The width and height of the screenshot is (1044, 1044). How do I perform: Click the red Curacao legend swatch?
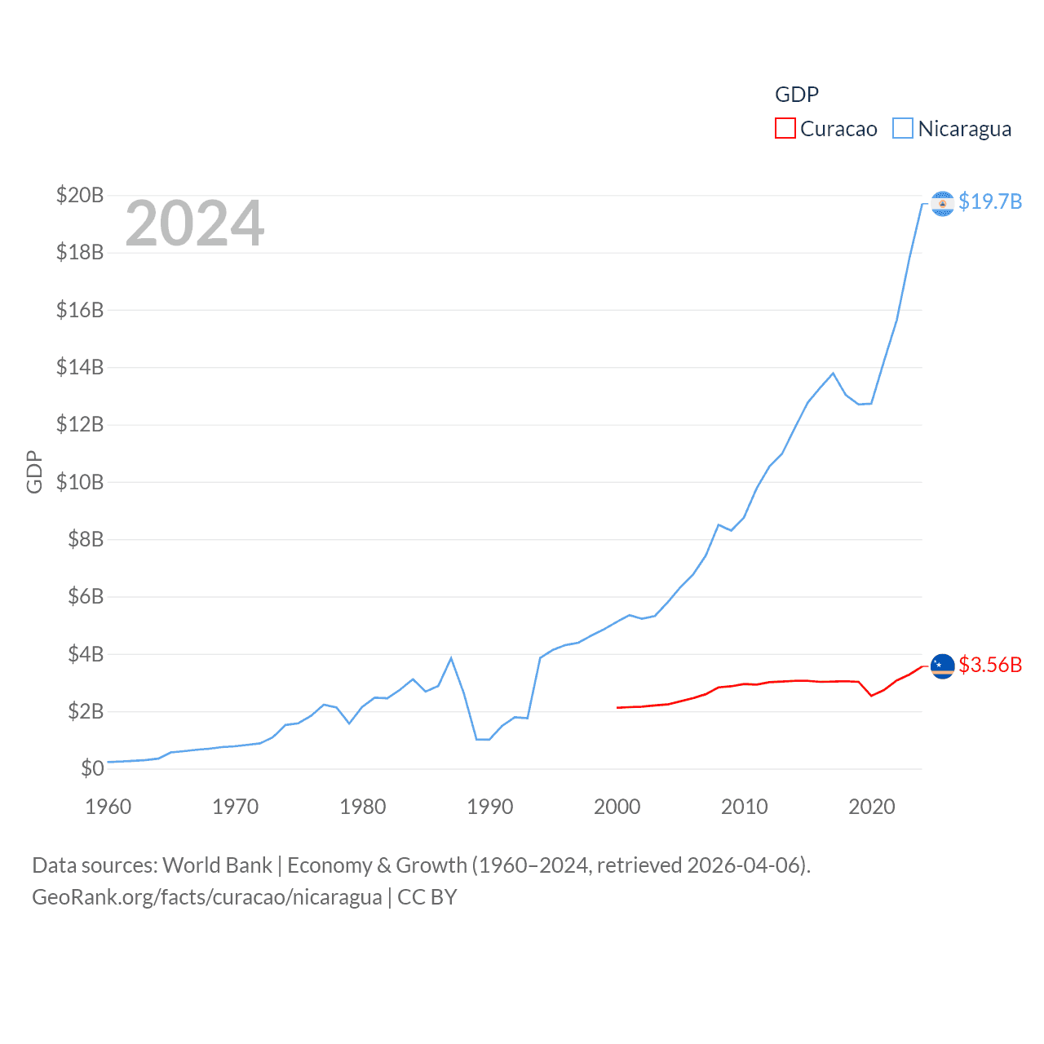click(785, 129)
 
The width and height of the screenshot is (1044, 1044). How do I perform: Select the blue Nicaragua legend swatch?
click(902, 129)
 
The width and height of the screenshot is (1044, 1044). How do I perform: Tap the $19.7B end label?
click(990, 201)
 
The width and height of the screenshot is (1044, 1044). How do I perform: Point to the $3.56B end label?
click(990, 665)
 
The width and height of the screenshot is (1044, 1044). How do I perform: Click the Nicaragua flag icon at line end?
click(943, 203)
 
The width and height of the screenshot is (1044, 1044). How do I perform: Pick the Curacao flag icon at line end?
click(943, 666)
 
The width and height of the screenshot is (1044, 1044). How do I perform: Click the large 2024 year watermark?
click(195, 223)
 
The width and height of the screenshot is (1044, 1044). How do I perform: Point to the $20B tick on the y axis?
click(80, 195)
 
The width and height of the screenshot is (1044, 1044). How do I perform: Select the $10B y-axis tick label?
click(80, 482)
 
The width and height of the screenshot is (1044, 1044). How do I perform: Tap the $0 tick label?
click(92, 768)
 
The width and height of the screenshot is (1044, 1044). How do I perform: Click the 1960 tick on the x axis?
click(108, 807)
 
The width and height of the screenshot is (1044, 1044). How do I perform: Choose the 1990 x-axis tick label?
click(490, 807)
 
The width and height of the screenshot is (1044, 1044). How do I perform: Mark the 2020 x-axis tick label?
click(872, 807)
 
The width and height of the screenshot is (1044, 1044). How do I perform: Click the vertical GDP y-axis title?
click(34, 471)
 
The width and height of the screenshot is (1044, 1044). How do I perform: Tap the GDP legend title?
click(797, 95)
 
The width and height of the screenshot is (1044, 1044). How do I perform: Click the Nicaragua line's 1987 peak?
click(451, 658)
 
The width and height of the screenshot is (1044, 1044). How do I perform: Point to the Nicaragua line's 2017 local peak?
click(833, 374)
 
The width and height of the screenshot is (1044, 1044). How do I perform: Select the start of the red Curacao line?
click(617, 707)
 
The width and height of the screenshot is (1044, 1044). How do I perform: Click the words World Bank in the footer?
click(218, 865)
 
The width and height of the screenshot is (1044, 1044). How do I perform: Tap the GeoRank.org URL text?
click(207, 897)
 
